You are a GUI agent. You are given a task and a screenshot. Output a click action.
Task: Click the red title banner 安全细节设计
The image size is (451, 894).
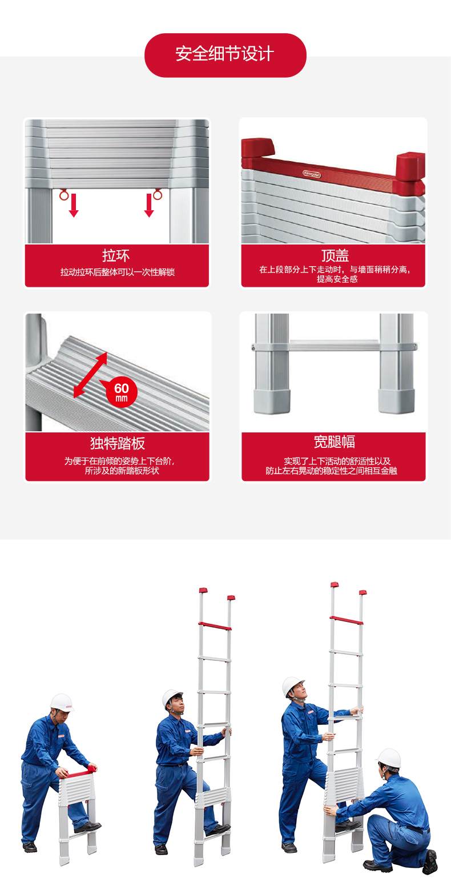tap(225, 55)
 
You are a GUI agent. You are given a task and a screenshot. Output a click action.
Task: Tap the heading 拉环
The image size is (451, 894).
tap(116, 255)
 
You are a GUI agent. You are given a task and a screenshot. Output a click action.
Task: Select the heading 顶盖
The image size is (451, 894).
tap(335, 255)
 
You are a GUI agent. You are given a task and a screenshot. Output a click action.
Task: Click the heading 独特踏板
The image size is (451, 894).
tap(118, 443)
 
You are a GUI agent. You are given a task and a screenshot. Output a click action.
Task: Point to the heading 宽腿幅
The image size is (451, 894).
tap(334, 442)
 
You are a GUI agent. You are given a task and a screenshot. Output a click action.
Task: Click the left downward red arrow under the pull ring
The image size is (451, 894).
tap(74, 206)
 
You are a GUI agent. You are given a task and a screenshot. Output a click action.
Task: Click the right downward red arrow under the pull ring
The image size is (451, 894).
tap(149, 206)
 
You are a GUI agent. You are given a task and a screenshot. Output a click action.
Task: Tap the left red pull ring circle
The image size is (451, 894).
tap(64, 195)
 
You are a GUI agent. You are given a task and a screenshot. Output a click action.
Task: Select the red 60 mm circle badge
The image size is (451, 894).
tap(122, 392)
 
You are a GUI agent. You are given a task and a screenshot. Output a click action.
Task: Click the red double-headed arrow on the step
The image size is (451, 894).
tap(90, 375)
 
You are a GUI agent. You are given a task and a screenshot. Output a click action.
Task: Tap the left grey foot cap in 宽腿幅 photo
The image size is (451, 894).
tap(272, 402)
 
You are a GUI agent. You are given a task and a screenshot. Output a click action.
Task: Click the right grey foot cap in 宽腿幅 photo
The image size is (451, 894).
tap(396, 402)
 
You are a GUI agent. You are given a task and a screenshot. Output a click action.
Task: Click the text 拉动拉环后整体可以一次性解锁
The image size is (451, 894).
tap(117, 272)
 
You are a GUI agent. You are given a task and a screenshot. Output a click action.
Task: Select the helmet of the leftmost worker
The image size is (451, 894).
tap(62, 702)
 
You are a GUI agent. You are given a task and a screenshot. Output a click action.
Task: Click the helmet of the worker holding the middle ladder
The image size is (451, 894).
tap(172, 697)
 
